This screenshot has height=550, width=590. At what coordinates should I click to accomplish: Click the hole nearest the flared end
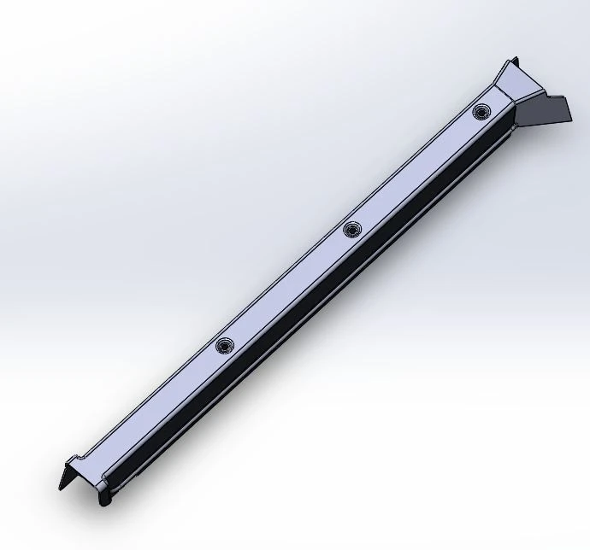481,111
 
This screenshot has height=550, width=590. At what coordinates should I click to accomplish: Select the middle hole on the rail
352,229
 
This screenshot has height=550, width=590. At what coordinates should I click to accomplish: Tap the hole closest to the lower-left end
225,345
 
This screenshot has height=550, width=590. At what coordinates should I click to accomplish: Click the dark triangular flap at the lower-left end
67,475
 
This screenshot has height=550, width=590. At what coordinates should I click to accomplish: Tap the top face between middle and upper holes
416,170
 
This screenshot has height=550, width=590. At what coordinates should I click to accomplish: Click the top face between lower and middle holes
288,287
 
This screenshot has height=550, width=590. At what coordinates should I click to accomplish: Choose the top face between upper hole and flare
494,100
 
